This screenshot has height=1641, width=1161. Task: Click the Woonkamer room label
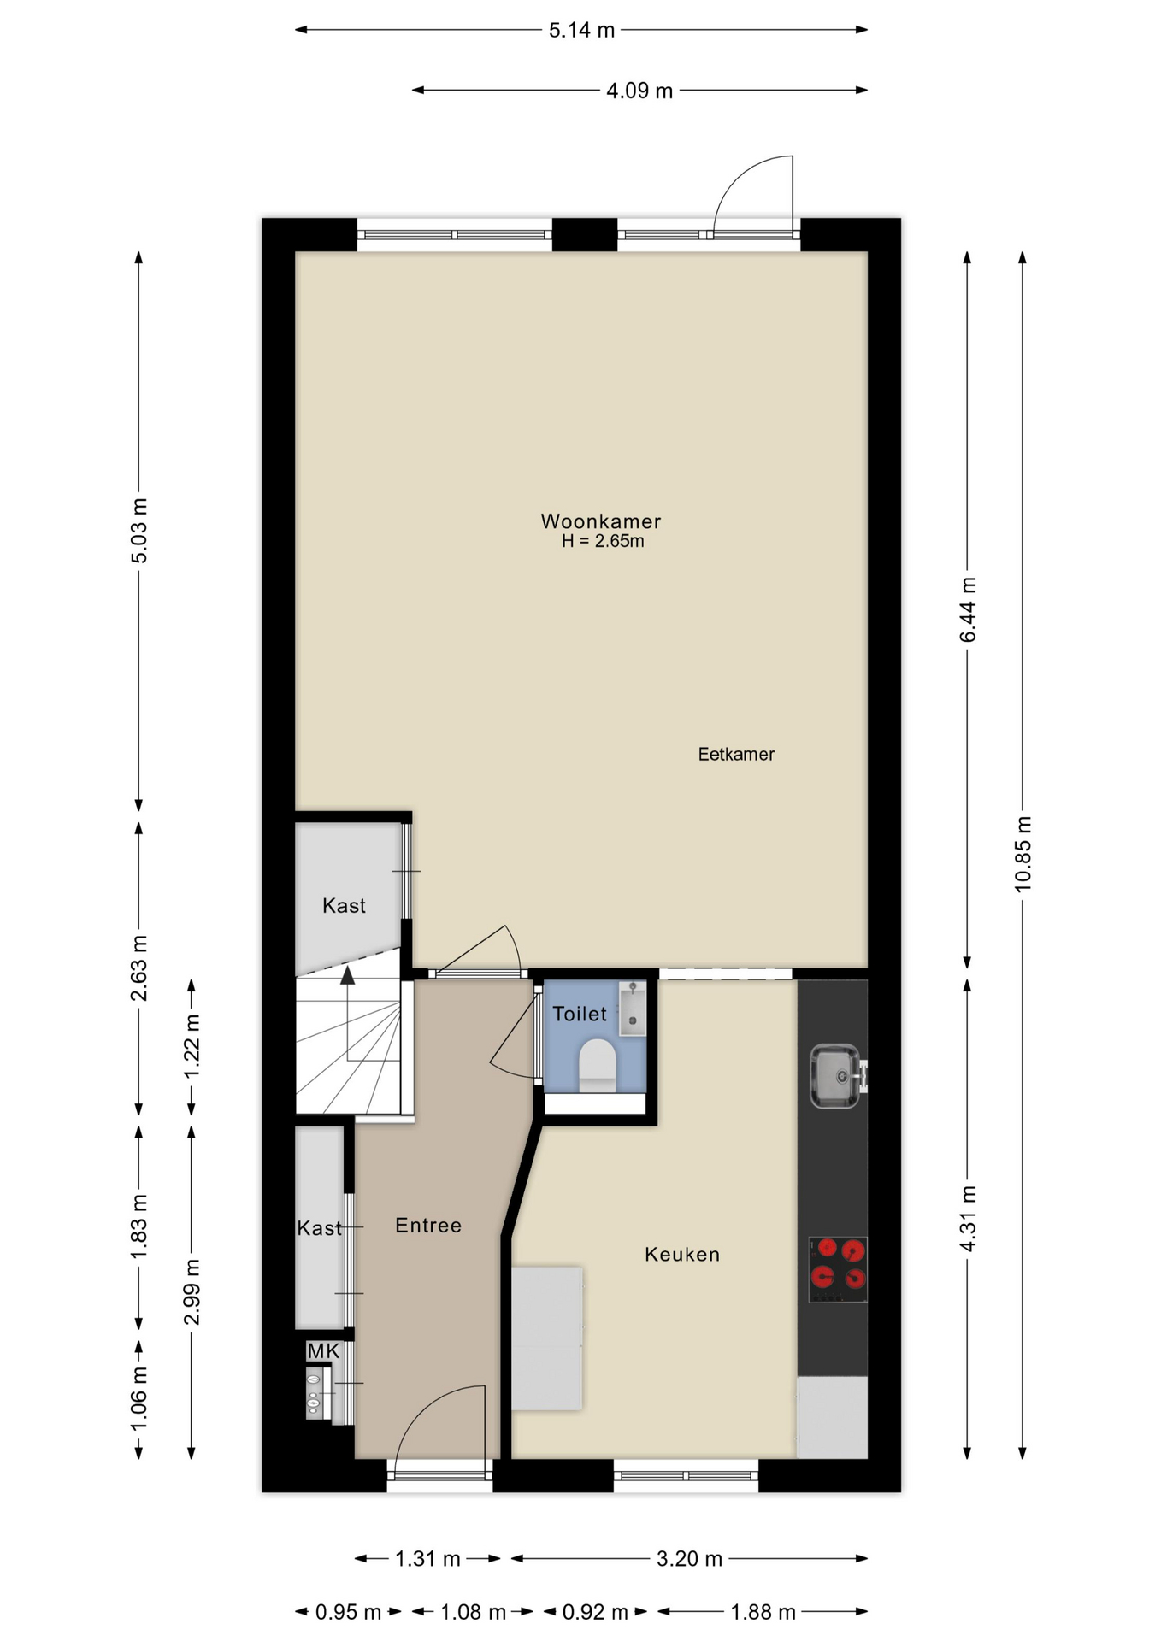pyautogui.click(x=601, y=521)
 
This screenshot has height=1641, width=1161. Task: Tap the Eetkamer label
pyautogui.click(x=736, y=754)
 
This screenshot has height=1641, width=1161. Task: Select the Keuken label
pyautogui.click(x=682, y=1254)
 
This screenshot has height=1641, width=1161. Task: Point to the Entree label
pyautogui.click(x=428, y=1226)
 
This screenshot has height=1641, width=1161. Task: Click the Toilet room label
pyautogui.click(x=580, y=1014)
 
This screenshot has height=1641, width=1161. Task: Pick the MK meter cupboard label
pyautogui.click(x=323, y=1351)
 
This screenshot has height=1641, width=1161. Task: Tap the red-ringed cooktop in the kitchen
pyautogui.click(x=838, y=1269)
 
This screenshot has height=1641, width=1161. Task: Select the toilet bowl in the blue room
pyautogui.click(x=597, y=1065)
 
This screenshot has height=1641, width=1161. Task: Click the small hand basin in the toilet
pyautogui.click(x=633, y=1009)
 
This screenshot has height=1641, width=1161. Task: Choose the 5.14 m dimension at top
pyautogui.click(x=581, y=31)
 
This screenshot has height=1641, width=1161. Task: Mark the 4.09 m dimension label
pyautogui.click(x=639, y=91)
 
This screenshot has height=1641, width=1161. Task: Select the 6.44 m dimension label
pyautogui.click(x=968, y=610)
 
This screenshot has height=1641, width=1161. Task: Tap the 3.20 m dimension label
pyautogui.click(x=689, y=1559)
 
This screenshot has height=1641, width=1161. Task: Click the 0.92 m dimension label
pyautogui.click(x=595, y=1612)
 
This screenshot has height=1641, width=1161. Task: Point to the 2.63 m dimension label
pyautogui.click(x=139, y=968)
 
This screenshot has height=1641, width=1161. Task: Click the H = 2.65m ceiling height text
pyautogui.click(x=603, y=541)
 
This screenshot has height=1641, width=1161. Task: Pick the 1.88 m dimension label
pyautogui.click(x=763, y=1612)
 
